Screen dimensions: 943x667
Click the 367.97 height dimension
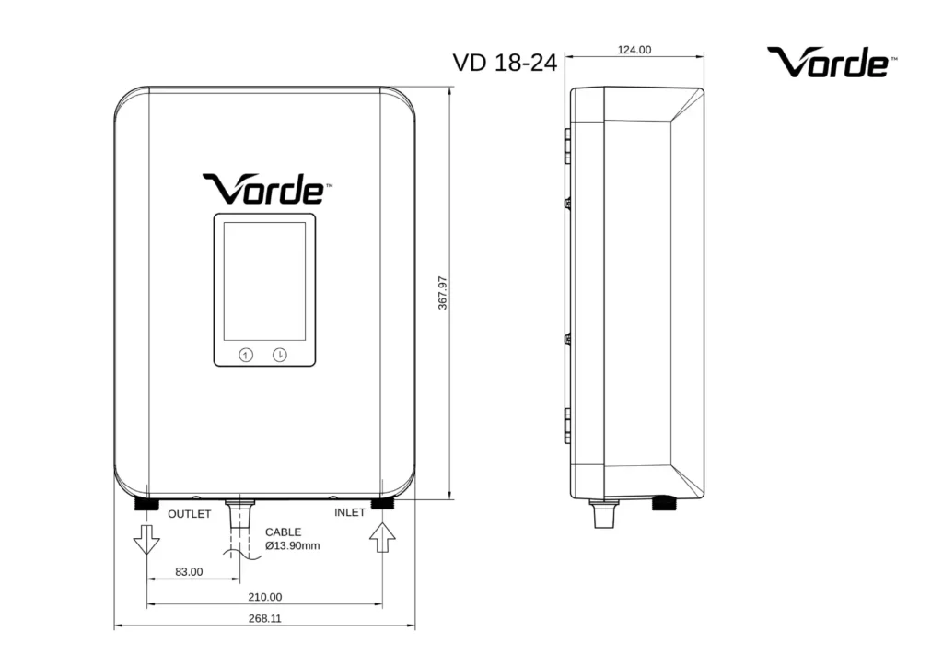click(443, 293)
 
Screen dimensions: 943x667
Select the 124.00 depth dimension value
click(634, 50)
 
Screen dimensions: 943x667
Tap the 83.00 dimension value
click(189, 572)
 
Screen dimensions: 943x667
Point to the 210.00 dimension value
click(264, 597)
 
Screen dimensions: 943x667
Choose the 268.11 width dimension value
click(264, 618)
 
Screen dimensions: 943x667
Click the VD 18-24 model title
click(506, 63)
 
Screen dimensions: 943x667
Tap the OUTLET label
click(190, 514)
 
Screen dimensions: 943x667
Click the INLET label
click(350, 512)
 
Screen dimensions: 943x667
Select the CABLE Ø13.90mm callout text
click(292, 539)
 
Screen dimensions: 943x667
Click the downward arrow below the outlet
click(146, 539)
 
